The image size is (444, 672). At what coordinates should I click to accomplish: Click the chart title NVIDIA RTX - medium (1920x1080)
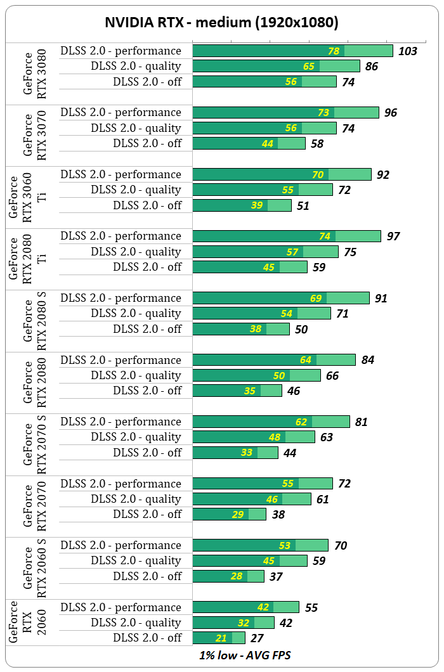tap(221, 23)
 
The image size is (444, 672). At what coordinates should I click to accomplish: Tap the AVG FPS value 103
tap(407, 51)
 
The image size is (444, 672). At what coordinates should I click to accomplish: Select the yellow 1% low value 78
tap(334, 51)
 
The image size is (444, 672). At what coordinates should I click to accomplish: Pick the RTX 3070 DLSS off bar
tap(249, 143)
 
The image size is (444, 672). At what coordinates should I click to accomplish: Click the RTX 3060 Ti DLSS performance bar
tap(282, 174)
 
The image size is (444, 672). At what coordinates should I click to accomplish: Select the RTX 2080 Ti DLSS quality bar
tap(265, 252)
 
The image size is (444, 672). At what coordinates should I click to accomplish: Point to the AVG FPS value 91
tap(381, 298)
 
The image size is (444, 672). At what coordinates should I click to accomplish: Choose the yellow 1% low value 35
tap(250, 391)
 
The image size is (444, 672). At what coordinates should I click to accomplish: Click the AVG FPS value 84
tap(368, 360)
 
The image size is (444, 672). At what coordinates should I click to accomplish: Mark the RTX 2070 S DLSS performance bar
tap(271, 422)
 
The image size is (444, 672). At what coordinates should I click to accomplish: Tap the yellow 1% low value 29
tap(238, 514)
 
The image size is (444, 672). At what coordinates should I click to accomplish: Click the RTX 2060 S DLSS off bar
tap(228, 576)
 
